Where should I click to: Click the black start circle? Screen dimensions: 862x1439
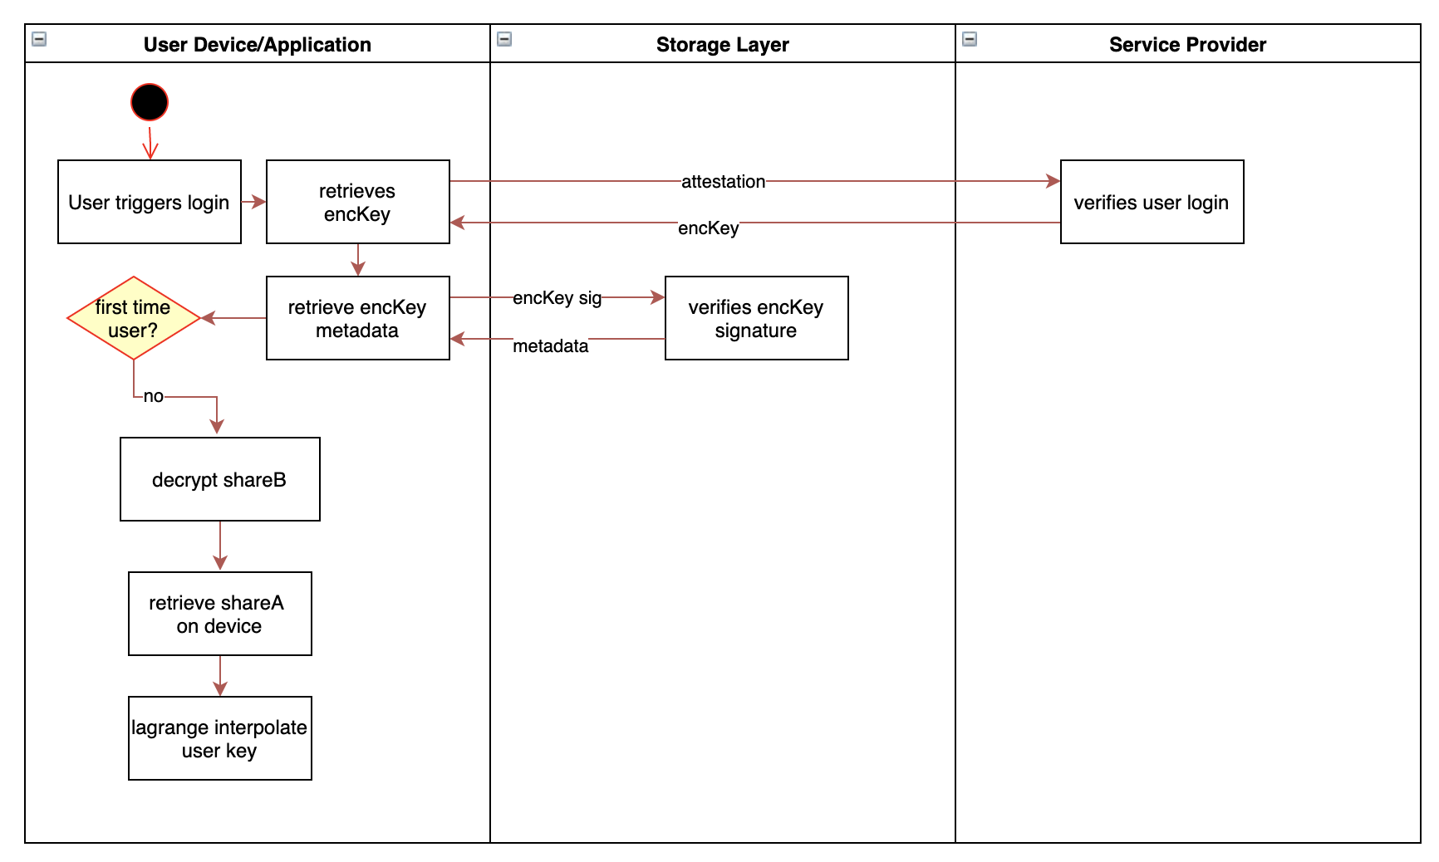point(150,102)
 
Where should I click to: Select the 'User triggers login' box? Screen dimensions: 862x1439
point(150,202)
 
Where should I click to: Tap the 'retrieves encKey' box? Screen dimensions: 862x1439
point(357,202)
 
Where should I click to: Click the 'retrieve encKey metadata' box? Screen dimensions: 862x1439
point(357,318)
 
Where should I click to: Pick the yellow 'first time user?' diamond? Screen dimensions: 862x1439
point(133,318)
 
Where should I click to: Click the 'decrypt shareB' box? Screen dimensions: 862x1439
point(219,479)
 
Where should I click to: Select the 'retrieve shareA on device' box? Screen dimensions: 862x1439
point(219,614)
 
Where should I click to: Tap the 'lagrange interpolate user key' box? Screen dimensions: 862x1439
point(219,738)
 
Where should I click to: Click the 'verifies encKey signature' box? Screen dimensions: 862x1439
point(756,318)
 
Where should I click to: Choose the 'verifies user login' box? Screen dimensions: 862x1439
point(1152,202)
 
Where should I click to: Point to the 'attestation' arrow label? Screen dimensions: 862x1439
point(723,181)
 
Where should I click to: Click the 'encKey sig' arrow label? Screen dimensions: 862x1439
point(557,297)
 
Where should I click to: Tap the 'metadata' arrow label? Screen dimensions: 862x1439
point(550,345)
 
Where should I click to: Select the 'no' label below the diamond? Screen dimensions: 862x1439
point(154,396)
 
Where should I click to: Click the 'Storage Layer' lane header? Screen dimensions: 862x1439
point(722,44)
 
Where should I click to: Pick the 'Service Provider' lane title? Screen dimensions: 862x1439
point(1187,44)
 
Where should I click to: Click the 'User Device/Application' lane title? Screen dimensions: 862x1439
point(257,44)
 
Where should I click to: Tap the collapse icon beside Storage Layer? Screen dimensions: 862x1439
point(504,39)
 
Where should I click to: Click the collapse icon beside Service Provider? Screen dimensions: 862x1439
point(970,39)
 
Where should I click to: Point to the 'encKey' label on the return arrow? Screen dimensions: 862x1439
point(708,228)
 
